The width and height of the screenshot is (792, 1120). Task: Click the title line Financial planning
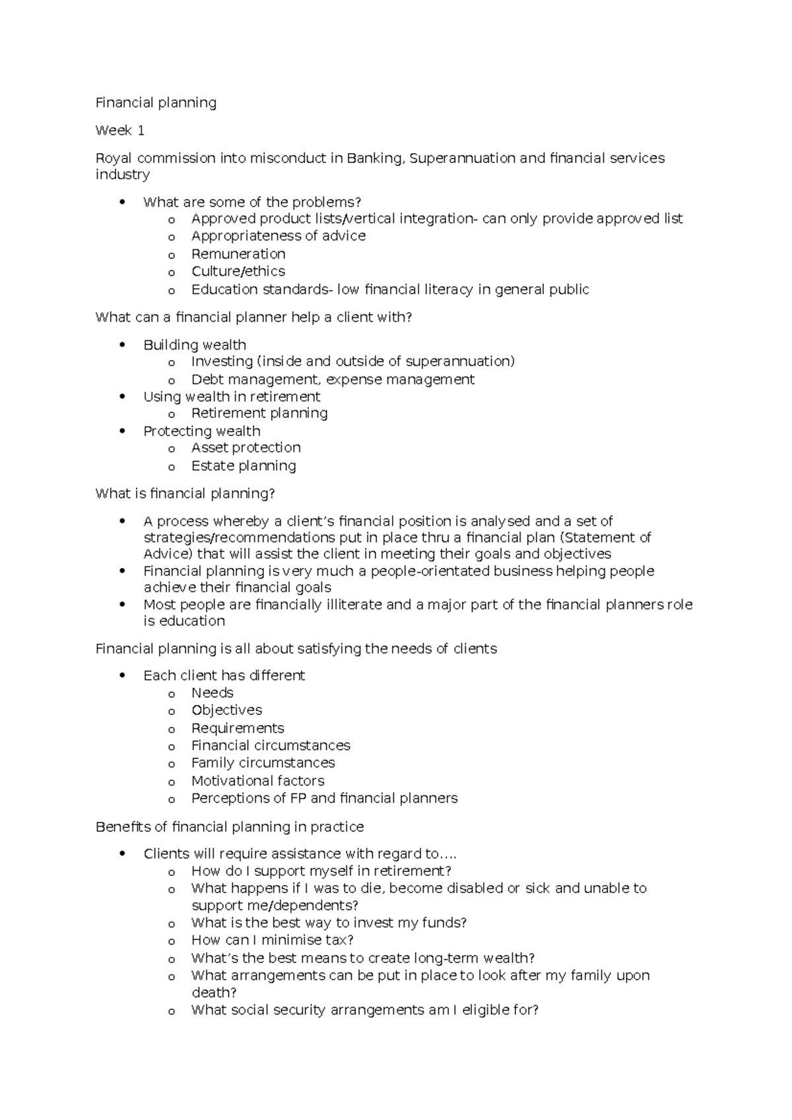coord(156,103)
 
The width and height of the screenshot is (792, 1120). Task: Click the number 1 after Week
coord(141,131)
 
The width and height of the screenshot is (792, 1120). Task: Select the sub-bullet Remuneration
coord(238,254)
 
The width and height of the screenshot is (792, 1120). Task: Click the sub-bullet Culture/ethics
coord(238,272)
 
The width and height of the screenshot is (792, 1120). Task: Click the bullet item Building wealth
coord(195,345)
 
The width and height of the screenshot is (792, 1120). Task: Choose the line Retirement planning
coord(259,413)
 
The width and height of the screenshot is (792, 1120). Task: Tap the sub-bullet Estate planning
coord(244,466)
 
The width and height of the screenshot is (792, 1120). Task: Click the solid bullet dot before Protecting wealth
coord(122,431)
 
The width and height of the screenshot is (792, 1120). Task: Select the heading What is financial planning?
coord(185,494)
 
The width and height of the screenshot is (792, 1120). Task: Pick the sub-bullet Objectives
coord(226,710)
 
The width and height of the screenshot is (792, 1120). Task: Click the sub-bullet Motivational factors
coord(257,781)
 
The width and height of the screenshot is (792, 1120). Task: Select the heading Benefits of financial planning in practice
coord(230,827)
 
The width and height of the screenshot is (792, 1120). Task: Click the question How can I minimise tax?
coord(272,940)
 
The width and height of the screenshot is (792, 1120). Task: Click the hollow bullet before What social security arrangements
coord(172,1011)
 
